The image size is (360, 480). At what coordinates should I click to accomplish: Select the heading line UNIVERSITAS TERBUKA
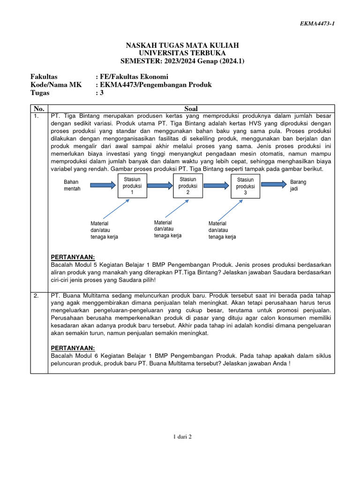click(x=182, y=53)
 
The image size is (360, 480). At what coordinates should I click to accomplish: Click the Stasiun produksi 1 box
click(x=132, y=186)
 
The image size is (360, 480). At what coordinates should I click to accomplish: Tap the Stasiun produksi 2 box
click(x=188, y=186)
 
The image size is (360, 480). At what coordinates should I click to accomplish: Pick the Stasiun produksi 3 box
click(x=245, y=186)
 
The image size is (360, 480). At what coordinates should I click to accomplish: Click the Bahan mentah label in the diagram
click(x=72, y=185)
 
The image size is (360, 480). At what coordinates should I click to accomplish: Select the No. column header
click(x=39, y=108)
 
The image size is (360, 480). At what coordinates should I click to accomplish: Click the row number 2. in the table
click(x=36, y=296)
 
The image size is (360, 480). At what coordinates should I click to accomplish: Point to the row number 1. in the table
click(x=36, y=116)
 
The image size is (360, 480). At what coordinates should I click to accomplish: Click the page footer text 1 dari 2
click(x=182, y=436)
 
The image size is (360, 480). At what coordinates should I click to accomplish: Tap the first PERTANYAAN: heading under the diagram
click(x=72, y=256)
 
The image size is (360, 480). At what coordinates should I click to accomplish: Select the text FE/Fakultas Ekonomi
click(x=134, y=77)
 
